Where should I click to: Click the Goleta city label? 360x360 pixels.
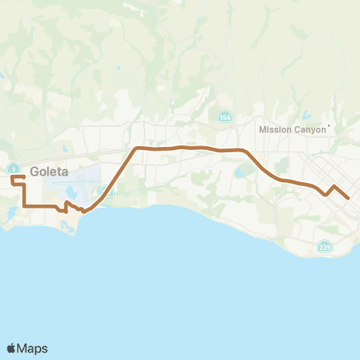[49, 171]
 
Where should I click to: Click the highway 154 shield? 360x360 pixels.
[224, 118]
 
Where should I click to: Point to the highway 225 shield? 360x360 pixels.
[324, 247]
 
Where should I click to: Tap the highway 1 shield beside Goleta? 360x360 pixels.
[14, 166]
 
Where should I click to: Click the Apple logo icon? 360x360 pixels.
[12, 348]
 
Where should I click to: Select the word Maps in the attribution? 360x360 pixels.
[33, 348]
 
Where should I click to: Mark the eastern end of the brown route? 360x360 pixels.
[349, 198]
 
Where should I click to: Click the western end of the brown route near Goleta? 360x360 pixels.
[12, 177]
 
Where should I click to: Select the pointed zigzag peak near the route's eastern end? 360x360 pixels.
[334, 185]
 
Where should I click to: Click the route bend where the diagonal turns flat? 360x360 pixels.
[136, 148]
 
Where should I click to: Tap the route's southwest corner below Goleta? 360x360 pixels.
[25, 205]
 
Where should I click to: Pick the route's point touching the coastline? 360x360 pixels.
[82, 211]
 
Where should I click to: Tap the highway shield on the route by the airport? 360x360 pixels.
[106, 193]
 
